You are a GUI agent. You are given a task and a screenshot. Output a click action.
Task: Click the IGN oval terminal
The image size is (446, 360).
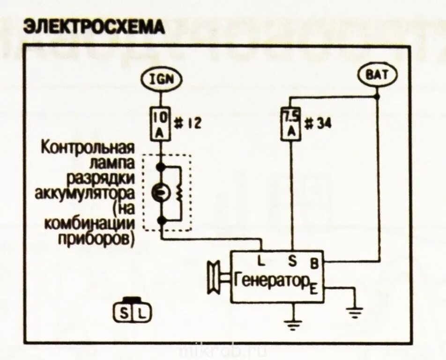point(161,78)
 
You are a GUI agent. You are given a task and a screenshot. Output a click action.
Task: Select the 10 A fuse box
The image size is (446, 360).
point(160,123)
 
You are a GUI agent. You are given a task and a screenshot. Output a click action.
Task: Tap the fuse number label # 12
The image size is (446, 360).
point(187,124)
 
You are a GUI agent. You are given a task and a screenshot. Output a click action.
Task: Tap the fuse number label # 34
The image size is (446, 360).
point(317,124)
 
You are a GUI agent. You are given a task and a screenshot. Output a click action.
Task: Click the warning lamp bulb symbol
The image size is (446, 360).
point(159,192)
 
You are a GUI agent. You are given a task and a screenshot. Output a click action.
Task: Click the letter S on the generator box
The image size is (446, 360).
point(292,259)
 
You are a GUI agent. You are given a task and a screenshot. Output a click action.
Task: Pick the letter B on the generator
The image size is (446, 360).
point(314,263)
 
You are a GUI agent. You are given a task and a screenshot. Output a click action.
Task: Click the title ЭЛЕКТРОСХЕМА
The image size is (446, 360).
point(94,27)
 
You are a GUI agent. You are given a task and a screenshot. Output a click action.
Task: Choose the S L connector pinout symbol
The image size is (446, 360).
point(133,311)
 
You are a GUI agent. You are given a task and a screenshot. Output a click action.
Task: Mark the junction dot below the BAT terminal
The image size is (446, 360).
point(377,97)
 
